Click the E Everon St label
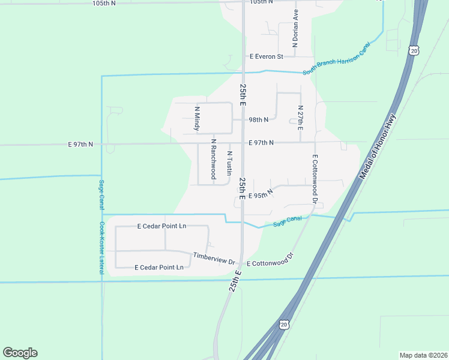click(267, 56)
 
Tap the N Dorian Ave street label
click(295, 28)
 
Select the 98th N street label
click(259, 119)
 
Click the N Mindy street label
click(196, 119)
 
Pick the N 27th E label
click(300, 118)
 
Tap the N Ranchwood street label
click(212, 159)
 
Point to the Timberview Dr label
click(213, 256)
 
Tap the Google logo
click(20, 353)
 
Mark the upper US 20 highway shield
click(414, 51)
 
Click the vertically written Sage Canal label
click(101, 193)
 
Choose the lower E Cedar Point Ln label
click(159, 267)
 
